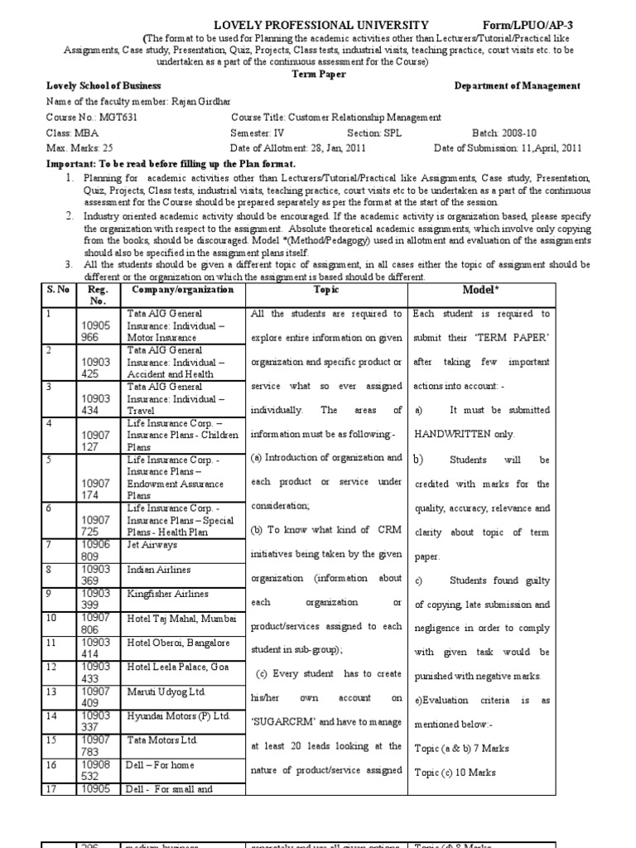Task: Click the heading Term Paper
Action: (x=318, y=73)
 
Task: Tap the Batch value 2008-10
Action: (x=556, y=132)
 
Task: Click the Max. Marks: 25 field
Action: (x=79, y=148)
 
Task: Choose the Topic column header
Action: (x=325, y=291)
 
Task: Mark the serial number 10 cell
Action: (x=51, y=618)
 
